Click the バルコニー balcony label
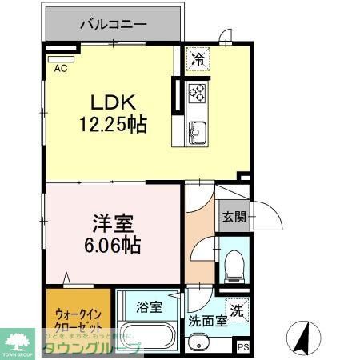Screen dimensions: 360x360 [x=113, y=23]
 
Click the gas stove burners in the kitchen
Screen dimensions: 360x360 [x=198, y=94]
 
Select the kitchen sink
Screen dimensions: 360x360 [x=198, y=131]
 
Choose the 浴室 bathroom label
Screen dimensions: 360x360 [x=149, y=306]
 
